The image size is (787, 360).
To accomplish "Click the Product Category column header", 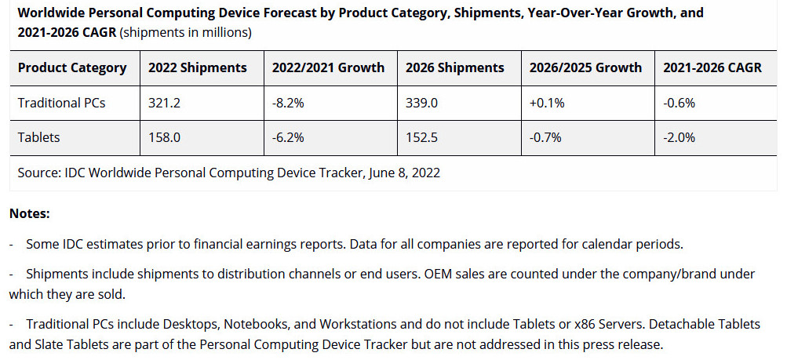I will pos(72,67).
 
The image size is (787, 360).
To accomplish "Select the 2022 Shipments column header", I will pos(198,67).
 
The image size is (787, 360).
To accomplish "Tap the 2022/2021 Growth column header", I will pos(328,67).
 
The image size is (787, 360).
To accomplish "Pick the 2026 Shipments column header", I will pos(454,67).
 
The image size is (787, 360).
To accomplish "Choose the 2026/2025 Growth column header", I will pos(585,67).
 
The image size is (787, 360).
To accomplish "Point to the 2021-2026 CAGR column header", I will pos(712,67).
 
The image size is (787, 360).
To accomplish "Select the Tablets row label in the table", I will pos(39,137).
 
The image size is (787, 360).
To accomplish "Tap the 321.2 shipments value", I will pos(164,102).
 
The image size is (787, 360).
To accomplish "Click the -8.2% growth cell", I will pos(288,102).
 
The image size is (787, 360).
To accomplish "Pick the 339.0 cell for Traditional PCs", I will pos(421,102).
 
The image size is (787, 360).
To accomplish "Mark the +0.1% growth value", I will pos(546,102).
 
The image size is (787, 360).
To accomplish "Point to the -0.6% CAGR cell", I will pos(680,102).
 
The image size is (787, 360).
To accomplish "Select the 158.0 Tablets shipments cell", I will pos(164,137).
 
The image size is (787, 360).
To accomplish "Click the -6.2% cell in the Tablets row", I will pos(288,137).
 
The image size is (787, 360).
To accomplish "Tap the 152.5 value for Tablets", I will pos(421,137).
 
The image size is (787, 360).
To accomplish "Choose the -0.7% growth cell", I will pos(545,137).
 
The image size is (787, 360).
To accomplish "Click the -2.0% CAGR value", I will pos(680,137).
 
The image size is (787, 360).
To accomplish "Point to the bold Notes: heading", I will pos(30,213).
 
